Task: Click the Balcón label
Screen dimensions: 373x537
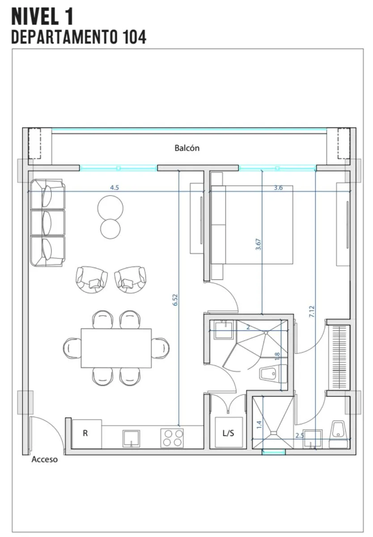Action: (x=187, y=148)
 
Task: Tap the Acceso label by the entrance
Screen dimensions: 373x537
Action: (x=45, y=459)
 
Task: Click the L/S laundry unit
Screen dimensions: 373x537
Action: (x=228, y=432)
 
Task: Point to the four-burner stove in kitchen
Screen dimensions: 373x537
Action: (x=172, y=438)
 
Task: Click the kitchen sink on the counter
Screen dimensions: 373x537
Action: (x=131, y=439)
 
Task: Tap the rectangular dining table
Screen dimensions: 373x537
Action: (x=116, y=348)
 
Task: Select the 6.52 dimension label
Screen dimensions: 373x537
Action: (x=175, y=300)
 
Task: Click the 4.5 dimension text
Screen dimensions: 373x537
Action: (x=114, y=188)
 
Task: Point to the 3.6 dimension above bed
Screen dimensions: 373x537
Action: (x=278, y=188)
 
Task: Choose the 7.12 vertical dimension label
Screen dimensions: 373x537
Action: (x=312, y=311)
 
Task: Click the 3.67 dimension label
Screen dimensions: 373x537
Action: (x=258, y=244)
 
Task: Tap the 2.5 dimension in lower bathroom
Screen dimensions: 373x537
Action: (x=299, y=435)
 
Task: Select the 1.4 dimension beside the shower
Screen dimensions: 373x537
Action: (x=259, y=425)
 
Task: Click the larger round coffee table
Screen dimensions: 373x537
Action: (x=110, y=208)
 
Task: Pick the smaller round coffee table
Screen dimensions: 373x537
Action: (x=110, y=229)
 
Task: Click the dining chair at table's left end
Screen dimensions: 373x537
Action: (x=72, y=348)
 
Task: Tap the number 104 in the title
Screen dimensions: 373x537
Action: (x=134, y=37)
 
